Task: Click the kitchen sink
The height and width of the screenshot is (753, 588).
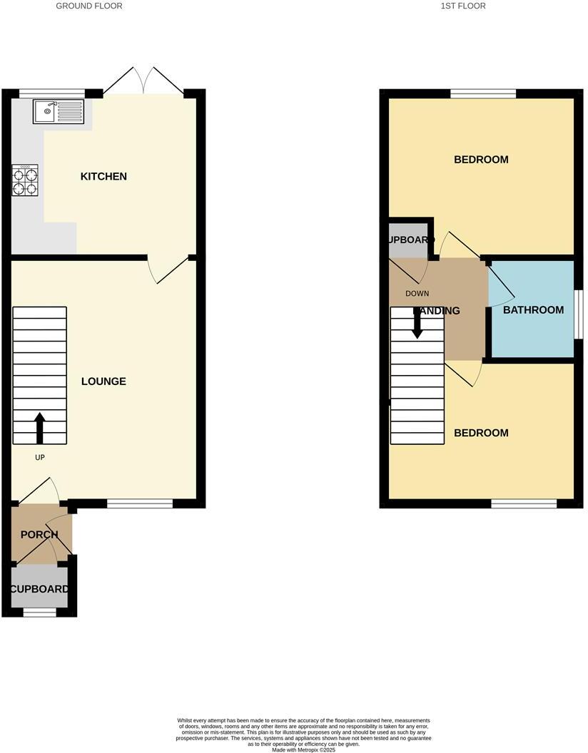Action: pos(58,111)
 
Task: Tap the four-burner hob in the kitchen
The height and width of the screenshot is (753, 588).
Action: pos(25,180)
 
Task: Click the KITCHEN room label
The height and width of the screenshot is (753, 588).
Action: pos(103,176)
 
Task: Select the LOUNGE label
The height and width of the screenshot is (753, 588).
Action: pos(103,381)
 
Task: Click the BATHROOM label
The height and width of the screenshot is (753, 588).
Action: pos(533,310)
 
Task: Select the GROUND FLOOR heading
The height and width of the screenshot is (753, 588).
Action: pos(89,6)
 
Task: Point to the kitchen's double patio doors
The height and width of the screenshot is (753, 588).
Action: pos(143,81)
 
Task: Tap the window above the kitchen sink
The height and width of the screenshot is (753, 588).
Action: pos(51,93)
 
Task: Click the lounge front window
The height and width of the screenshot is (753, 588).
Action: pos(140,503)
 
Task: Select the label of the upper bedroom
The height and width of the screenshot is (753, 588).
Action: pos(481,159)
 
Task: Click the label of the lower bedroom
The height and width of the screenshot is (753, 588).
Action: pos(481,433)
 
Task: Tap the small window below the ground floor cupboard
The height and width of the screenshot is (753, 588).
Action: pos(40,612)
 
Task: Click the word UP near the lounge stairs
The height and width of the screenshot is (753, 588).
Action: pos(40,457)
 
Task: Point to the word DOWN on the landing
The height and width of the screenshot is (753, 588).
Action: pos(417,293)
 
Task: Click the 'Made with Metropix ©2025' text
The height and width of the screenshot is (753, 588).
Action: pos(304,749)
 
